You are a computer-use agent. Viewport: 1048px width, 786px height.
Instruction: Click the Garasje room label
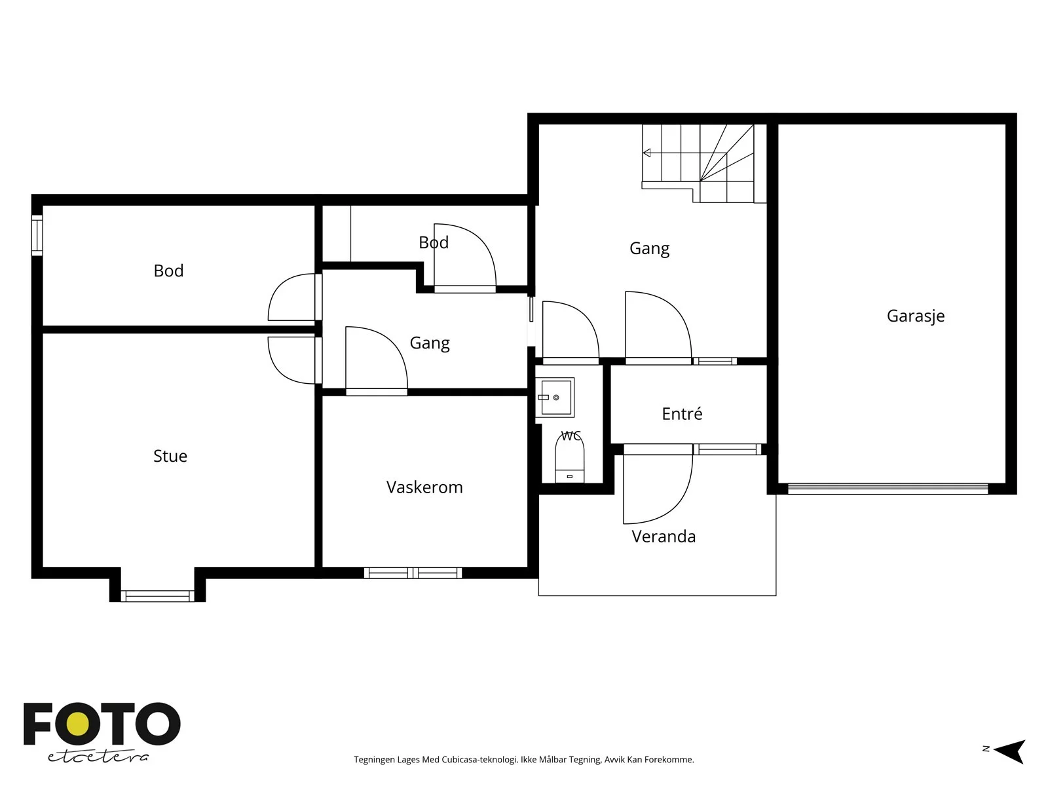915,316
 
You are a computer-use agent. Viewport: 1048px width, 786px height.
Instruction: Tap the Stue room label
170,456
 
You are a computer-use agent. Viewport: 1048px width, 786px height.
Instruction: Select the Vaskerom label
424,487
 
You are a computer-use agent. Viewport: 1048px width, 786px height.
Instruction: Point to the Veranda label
663,536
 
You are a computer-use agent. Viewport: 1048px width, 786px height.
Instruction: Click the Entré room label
682,413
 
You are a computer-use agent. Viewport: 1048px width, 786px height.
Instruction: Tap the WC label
571,435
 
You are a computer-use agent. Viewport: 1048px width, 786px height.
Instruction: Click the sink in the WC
554,397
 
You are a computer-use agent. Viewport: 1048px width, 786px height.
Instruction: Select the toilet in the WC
570,458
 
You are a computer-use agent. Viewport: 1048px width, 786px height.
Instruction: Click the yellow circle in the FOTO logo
78,724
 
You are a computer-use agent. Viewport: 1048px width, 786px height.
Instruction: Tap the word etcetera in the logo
98,757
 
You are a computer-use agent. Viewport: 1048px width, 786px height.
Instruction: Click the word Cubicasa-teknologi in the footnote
479,759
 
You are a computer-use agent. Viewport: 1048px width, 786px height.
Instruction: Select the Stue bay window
157,595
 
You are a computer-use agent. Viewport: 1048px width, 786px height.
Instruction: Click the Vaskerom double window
413,572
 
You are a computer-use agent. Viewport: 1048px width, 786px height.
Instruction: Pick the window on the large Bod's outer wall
37,234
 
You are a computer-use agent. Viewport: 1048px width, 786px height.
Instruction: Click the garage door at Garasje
888,488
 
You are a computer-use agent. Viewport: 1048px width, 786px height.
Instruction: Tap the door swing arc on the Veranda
678,506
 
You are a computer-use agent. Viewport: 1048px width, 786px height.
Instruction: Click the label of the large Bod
168,271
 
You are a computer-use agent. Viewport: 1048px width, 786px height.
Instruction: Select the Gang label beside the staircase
649,249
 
